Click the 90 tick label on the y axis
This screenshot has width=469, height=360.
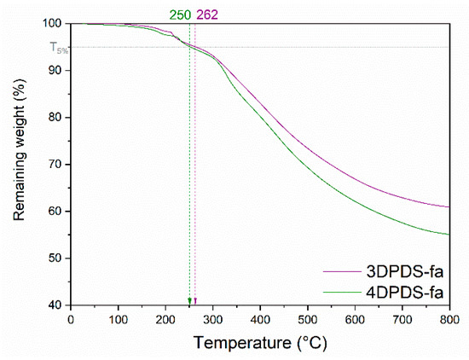tap(55, 71)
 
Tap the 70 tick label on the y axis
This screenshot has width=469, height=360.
tap(55, 165)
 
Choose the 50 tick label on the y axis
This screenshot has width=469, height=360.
tap(55, 258)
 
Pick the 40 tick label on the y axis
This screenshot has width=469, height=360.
tap(55, 305)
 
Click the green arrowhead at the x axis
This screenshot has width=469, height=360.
tap(189, 300)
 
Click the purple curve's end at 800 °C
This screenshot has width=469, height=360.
tap(449, 206)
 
